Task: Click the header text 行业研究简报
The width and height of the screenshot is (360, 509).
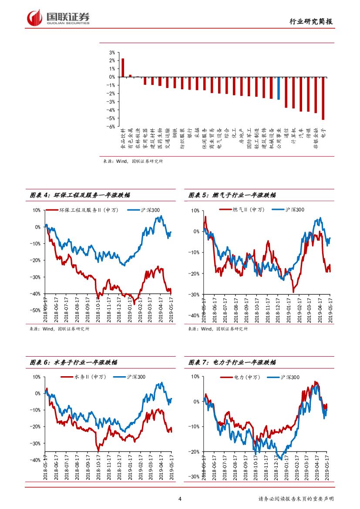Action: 312,22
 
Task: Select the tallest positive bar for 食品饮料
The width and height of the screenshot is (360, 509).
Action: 123,67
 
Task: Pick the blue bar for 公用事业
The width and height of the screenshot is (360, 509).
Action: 278,88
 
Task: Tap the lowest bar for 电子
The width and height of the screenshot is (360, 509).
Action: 323,98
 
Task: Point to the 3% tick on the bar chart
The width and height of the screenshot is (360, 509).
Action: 112,52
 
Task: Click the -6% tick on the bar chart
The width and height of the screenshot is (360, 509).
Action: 111,127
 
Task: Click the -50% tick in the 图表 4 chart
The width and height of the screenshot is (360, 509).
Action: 35,310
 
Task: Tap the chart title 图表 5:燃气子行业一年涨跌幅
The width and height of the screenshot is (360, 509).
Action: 232,196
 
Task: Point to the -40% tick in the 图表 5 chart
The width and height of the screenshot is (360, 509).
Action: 194,315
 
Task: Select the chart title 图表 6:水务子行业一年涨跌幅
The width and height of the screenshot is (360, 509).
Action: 73,362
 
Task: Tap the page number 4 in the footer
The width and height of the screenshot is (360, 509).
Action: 180,499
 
